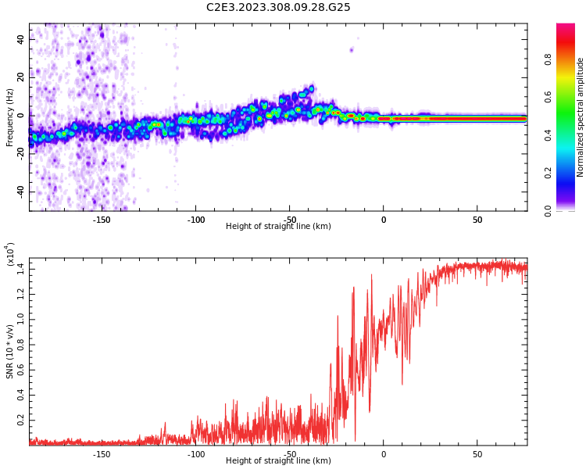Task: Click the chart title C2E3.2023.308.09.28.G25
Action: [278, 7]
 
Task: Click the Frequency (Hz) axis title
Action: [9, 117]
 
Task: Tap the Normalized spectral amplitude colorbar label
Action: [581, 117]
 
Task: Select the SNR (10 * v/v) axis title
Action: [9, 352]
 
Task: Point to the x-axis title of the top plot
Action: [278, 227]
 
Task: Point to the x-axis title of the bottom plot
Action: [278, 461]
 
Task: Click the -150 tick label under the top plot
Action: [102, 220]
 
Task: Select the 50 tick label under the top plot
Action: [477, 220]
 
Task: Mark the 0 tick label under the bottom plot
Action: [384, 454]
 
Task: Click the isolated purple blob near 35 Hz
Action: [352, 49]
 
